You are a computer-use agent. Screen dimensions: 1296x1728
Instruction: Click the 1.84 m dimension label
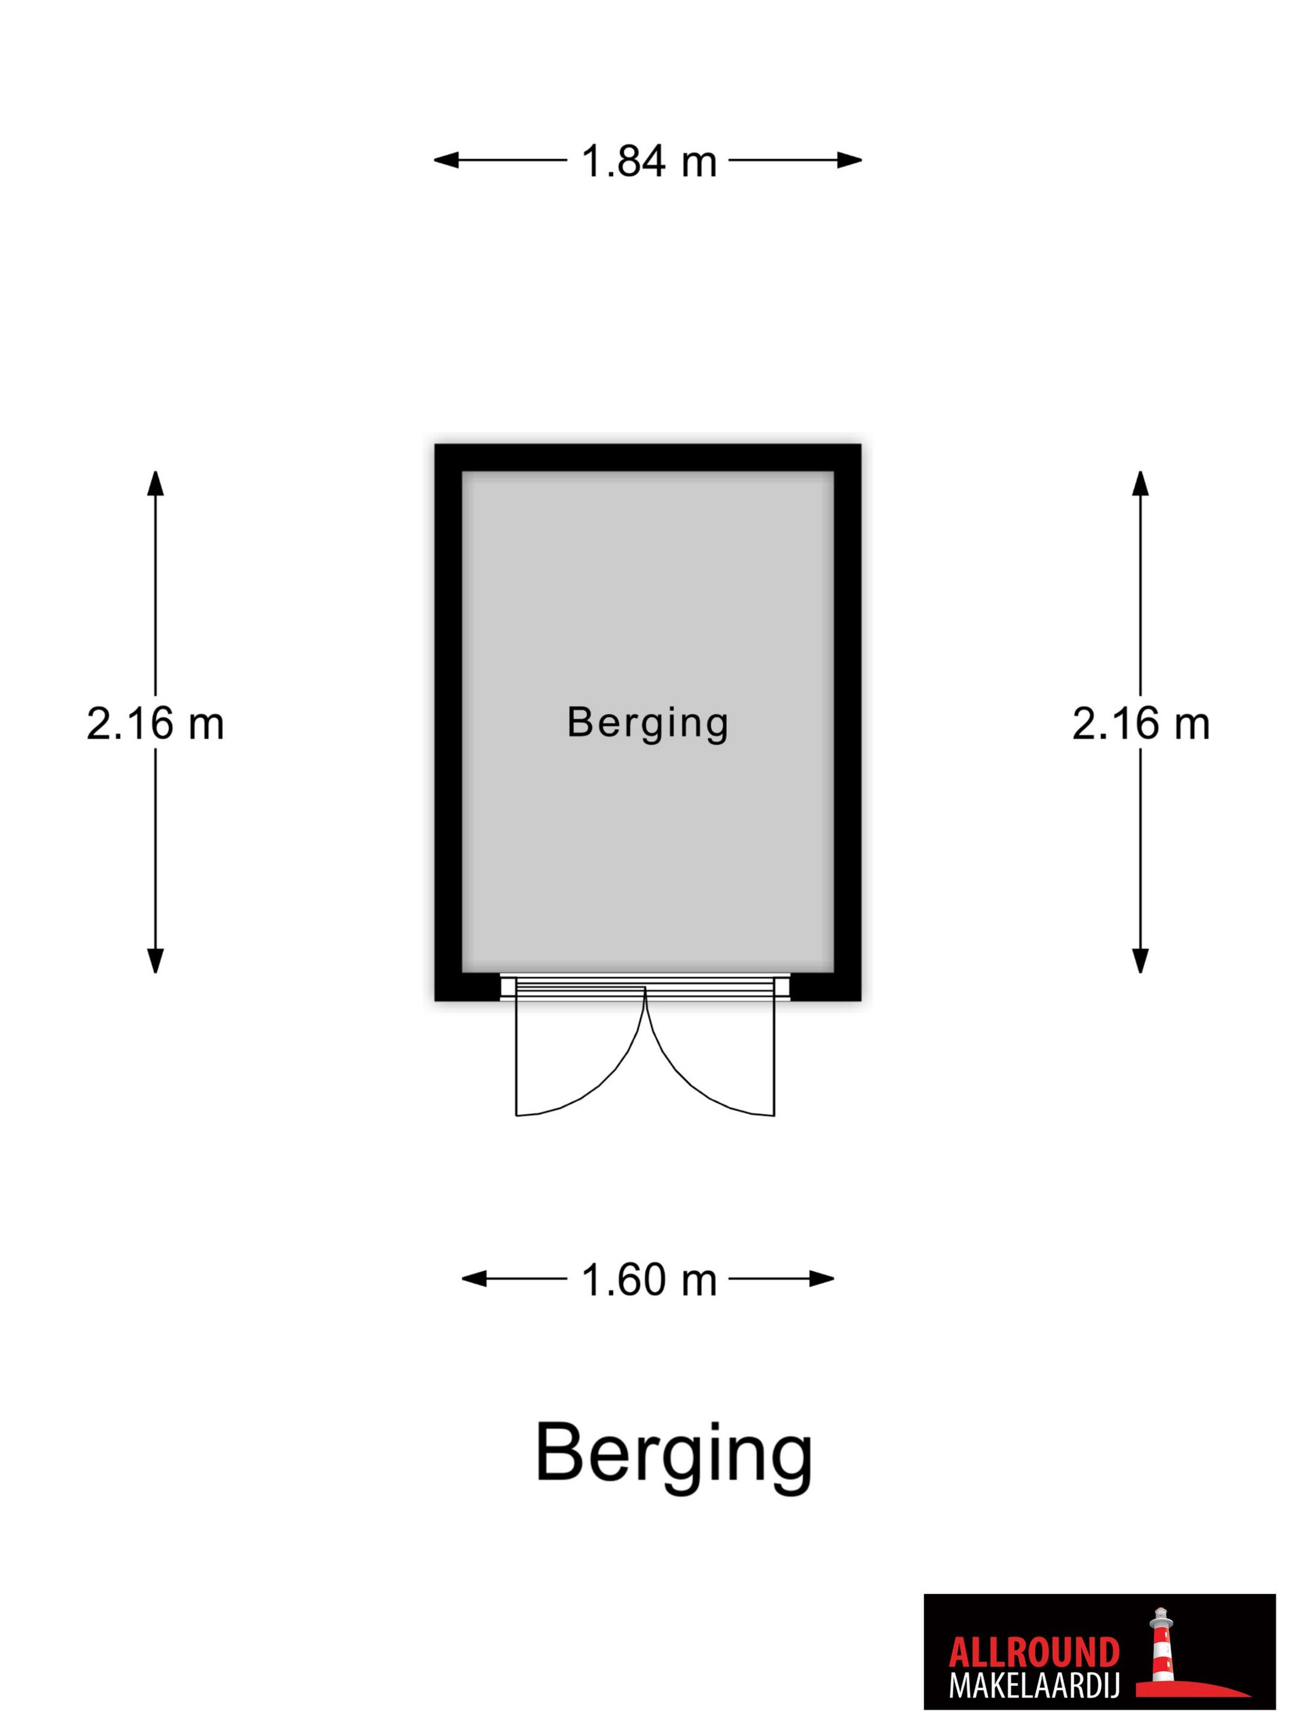click(649, 162)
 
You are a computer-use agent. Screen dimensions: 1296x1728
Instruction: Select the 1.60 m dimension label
click(649, 1279)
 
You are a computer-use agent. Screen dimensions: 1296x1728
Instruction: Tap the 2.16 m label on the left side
click(155, 723)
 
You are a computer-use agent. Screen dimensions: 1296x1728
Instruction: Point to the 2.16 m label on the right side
click(1140, 723)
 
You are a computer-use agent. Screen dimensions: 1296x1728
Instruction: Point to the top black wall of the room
click(647, 458)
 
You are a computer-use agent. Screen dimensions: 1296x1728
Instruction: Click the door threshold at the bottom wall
click(646, 987)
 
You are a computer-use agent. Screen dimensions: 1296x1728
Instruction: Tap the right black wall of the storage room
click(847, 723)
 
